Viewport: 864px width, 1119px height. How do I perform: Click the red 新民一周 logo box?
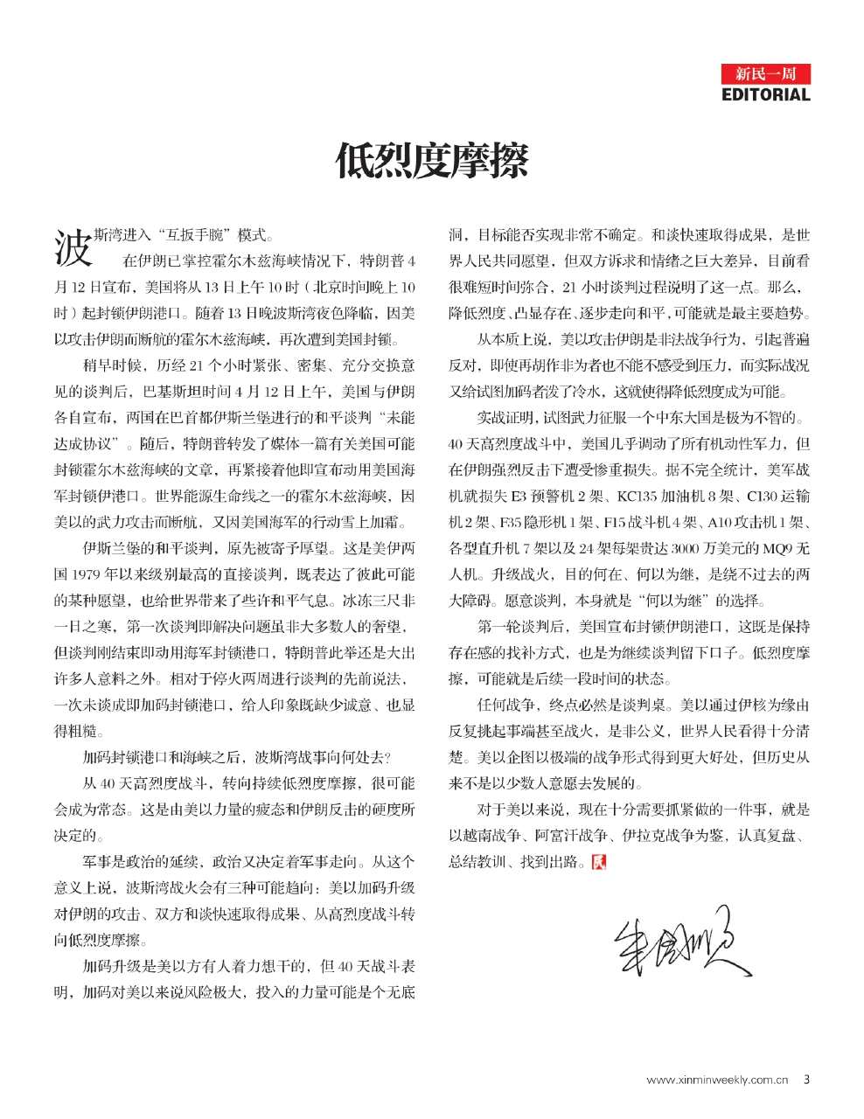(765, 73)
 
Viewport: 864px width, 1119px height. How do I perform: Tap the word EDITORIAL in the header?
(765, 94)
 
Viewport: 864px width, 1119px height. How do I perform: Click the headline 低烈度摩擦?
(432, 161)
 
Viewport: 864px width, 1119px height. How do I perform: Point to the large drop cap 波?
(73, 247)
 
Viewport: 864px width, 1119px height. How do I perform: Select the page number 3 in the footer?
(806, 1080)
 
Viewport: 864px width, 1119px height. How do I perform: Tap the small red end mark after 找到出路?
(598, 862)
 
